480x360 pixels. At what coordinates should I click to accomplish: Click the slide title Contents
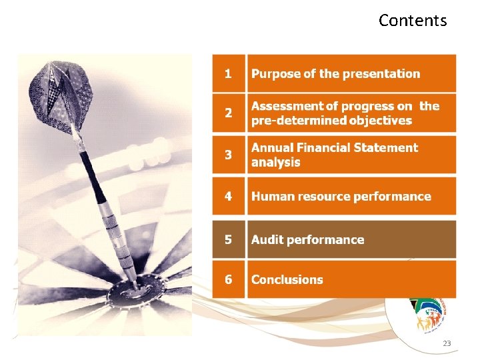[x=413, y=21]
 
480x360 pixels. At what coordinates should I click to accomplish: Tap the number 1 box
[x=229, y=74]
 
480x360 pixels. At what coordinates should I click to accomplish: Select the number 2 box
[x=229, y=113]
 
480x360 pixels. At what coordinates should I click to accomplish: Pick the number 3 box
[x=229, y=155]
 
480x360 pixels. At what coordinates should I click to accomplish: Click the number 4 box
[x=229, y=196]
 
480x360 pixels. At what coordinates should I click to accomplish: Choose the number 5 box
[x=229, y=239]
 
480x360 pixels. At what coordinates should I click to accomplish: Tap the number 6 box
[x=229, y=279]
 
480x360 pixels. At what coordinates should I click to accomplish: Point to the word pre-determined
[x=299, y=121]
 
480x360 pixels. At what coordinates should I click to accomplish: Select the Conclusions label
[x=287, y=279]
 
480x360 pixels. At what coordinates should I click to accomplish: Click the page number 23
[x=447, y=343]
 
